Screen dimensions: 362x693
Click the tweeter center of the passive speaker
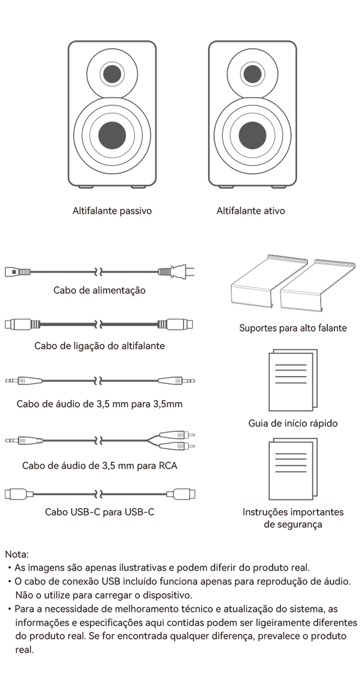coord(112,74)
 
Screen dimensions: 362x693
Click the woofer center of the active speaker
coord(252,135)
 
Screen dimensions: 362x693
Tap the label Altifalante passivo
coord(112,211)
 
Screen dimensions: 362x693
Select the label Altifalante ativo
coord(251,211)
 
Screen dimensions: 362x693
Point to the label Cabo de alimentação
coord(99,291)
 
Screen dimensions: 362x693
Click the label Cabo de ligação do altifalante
coord(99,346)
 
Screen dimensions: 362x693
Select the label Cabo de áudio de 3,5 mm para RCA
coord(99,466)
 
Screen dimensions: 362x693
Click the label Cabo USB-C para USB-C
coord(99,512)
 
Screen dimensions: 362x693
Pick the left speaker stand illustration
coord(269,281)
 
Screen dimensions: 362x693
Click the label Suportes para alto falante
coord(292,328)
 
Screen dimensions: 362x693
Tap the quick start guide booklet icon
coord(293,380)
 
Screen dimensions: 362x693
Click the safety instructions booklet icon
coord(293,469)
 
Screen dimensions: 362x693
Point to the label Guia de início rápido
coord(292,423)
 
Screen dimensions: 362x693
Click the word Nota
coord(17,554)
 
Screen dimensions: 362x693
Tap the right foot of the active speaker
coord(279,187)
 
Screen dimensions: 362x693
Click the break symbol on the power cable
coord(98,272)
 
